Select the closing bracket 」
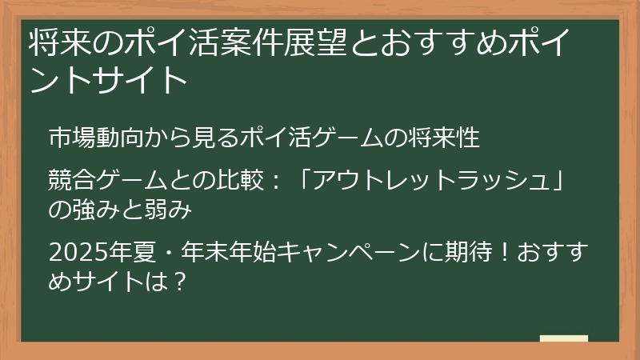(x=546, y=176)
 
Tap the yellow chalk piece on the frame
(x=563, y=339)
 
